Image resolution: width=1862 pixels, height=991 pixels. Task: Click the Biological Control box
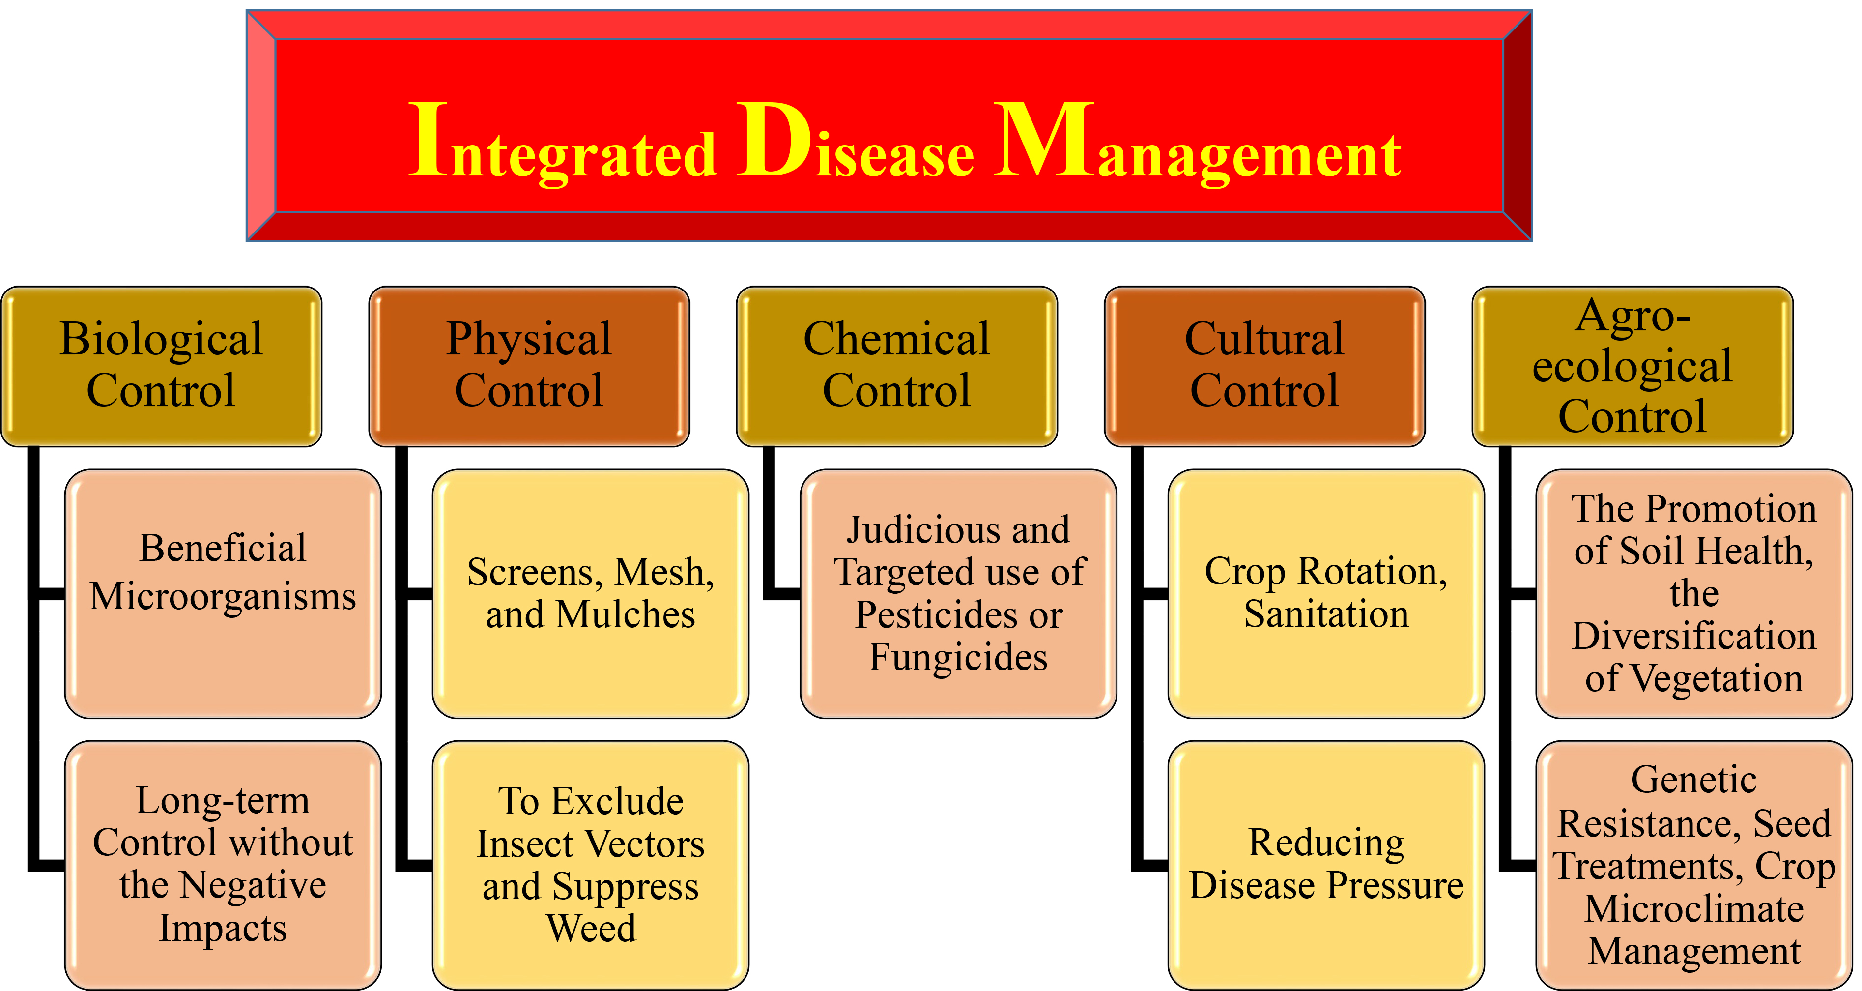tap(161, 367)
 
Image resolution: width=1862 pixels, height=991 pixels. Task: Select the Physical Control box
tap(529, 367)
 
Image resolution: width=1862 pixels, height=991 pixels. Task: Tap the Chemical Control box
tap(897, 367)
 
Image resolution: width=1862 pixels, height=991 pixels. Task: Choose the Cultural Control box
tap(1265, 367)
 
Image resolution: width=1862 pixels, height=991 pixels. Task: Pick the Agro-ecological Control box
tap(1633, 367)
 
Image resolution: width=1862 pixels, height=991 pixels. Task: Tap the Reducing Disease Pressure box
tap(1326, 865)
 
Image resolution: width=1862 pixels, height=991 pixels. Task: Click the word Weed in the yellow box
tap(591, 928)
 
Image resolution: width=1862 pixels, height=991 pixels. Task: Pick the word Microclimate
tap(1694, 908)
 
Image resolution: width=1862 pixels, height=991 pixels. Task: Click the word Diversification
tap(1694, 636)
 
